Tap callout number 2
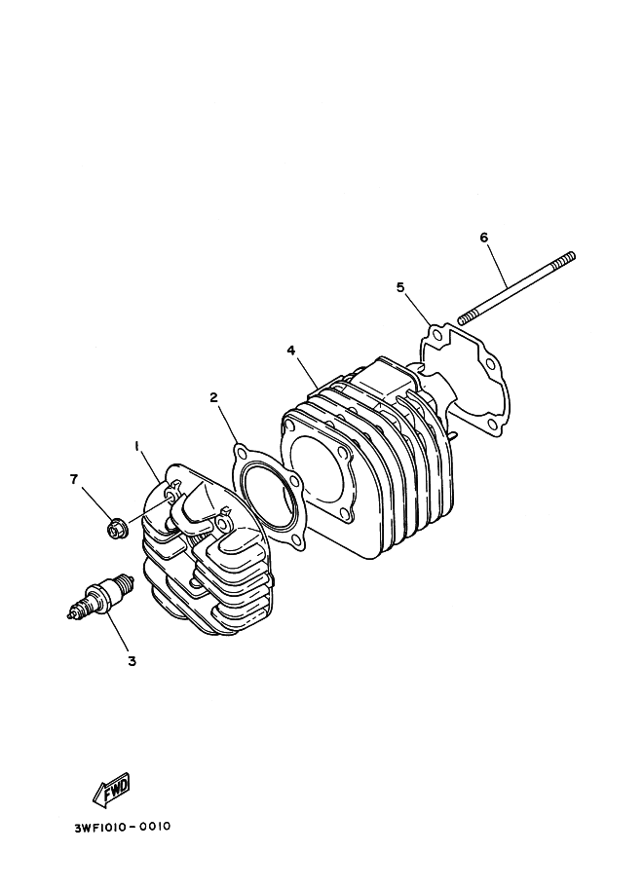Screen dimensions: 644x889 [x=214, y=397]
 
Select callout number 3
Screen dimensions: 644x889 [x=132, y=660]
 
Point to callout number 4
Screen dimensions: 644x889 [x=291, y=351]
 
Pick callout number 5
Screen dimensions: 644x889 [x=400, y=287]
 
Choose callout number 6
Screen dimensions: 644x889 [x=484, y=238]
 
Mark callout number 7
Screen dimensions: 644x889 [x=73, y=480]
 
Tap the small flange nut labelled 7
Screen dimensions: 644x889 [x=118, y=530]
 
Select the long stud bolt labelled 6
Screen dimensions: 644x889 [x=516, y=288]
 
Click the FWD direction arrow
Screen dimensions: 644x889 [x=112, y=789]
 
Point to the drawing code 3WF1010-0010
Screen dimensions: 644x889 [x=122, y=827]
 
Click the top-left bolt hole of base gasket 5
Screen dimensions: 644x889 [x=436, y=336]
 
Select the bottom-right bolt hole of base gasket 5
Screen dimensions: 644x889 [x=491, y=425]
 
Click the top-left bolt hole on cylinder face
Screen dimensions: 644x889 [x=290, y=426]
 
